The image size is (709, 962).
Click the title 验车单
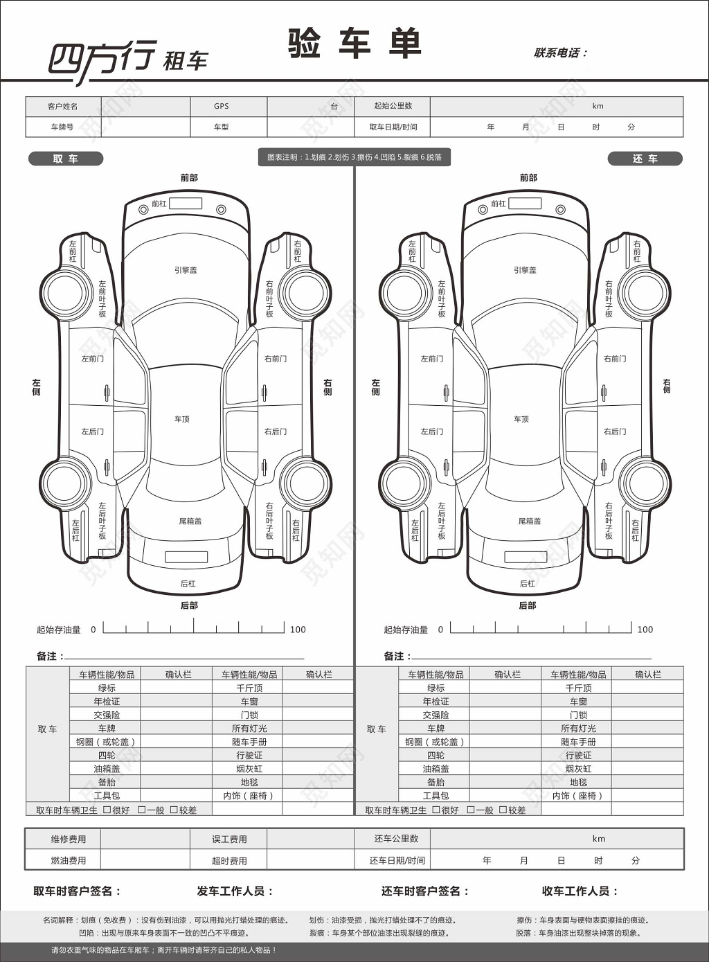[354, 44]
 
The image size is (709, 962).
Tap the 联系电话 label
[559, 53]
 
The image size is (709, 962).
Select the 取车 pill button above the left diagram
[66, 159]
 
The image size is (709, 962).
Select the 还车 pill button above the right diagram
[645, 159]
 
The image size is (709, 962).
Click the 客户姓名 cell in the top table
[63, 106]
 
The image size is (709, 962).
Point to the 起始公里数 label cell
[393, 106]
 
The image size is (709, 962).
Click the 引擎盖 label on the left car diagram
[186, 270]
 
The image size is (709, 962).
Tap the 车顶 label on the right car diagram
[521, 419]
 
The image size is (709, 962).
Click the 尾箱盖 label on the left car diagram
[190, 521]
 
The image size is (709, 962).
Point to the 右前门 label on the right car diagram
[615, 359]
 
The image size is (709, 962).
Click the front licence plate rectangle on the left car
[186, 204]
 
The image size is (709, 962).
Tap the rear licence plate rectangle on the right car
[526, 557]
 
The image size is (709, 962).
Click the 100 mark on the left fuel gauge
[298, 630]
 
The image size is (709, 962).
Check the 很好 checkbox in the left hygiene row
[107, 810]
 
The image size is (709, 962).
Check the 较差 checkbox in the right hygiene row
[503, 810]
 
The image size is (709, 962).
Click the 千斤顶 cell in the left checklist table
[249, 688]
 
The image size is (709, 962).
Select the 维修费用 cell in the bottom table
[69, 839]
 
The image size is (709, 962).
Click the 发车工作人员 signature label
[235, 891]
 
